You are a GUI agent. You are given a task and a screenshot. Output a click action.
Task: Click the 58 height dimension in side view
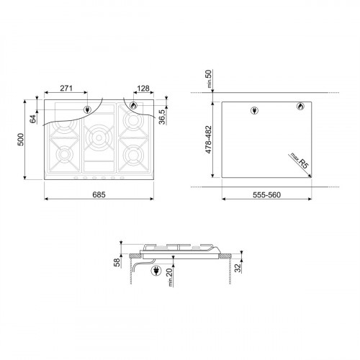pyautogui.click(x=117, y=263)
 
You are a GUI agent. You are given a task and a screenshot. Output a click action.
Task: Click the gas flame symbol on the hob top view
pyautogui.click(x=133, y=107)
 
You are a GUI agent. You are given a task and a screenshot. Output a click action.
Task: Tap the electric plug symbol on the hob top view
pyautogui.click(x=88, y=110)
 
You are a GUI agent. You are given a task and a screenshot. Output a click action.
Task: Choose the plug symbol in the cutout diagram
pyautogui.click(x=253, y=110)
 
